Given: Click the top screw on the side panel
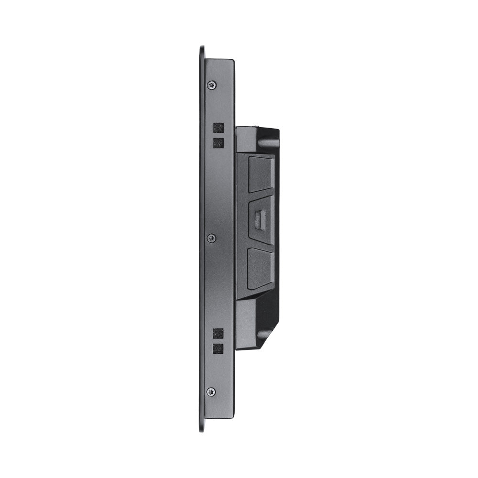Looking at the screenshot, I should [x=211, y=85].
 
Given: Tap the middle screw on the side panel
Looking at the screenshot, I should [x=211, y=238].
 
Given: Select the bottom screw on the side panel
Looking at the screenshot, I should [x=211, y=392].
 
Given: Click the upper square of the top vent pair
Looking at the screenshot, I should [x=218, y=128].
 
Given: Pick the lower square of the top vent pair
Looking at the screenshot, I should [x=218, y=142].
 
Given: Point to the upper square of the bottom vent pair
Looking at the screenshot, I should [x=218, y=334].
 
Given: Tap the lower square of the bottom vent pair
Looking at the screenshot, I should [x=218, y=348].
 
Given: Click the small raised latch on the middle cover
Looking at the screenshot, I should [x=261, y=219].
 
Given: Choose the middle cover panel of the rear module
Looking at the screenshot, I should [x=261, y=220].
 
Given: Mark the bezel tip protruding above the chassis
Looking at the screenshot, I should [x=202, y=51].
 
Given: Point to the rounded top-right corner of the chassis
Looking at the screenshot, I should [x=232, y=61].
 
